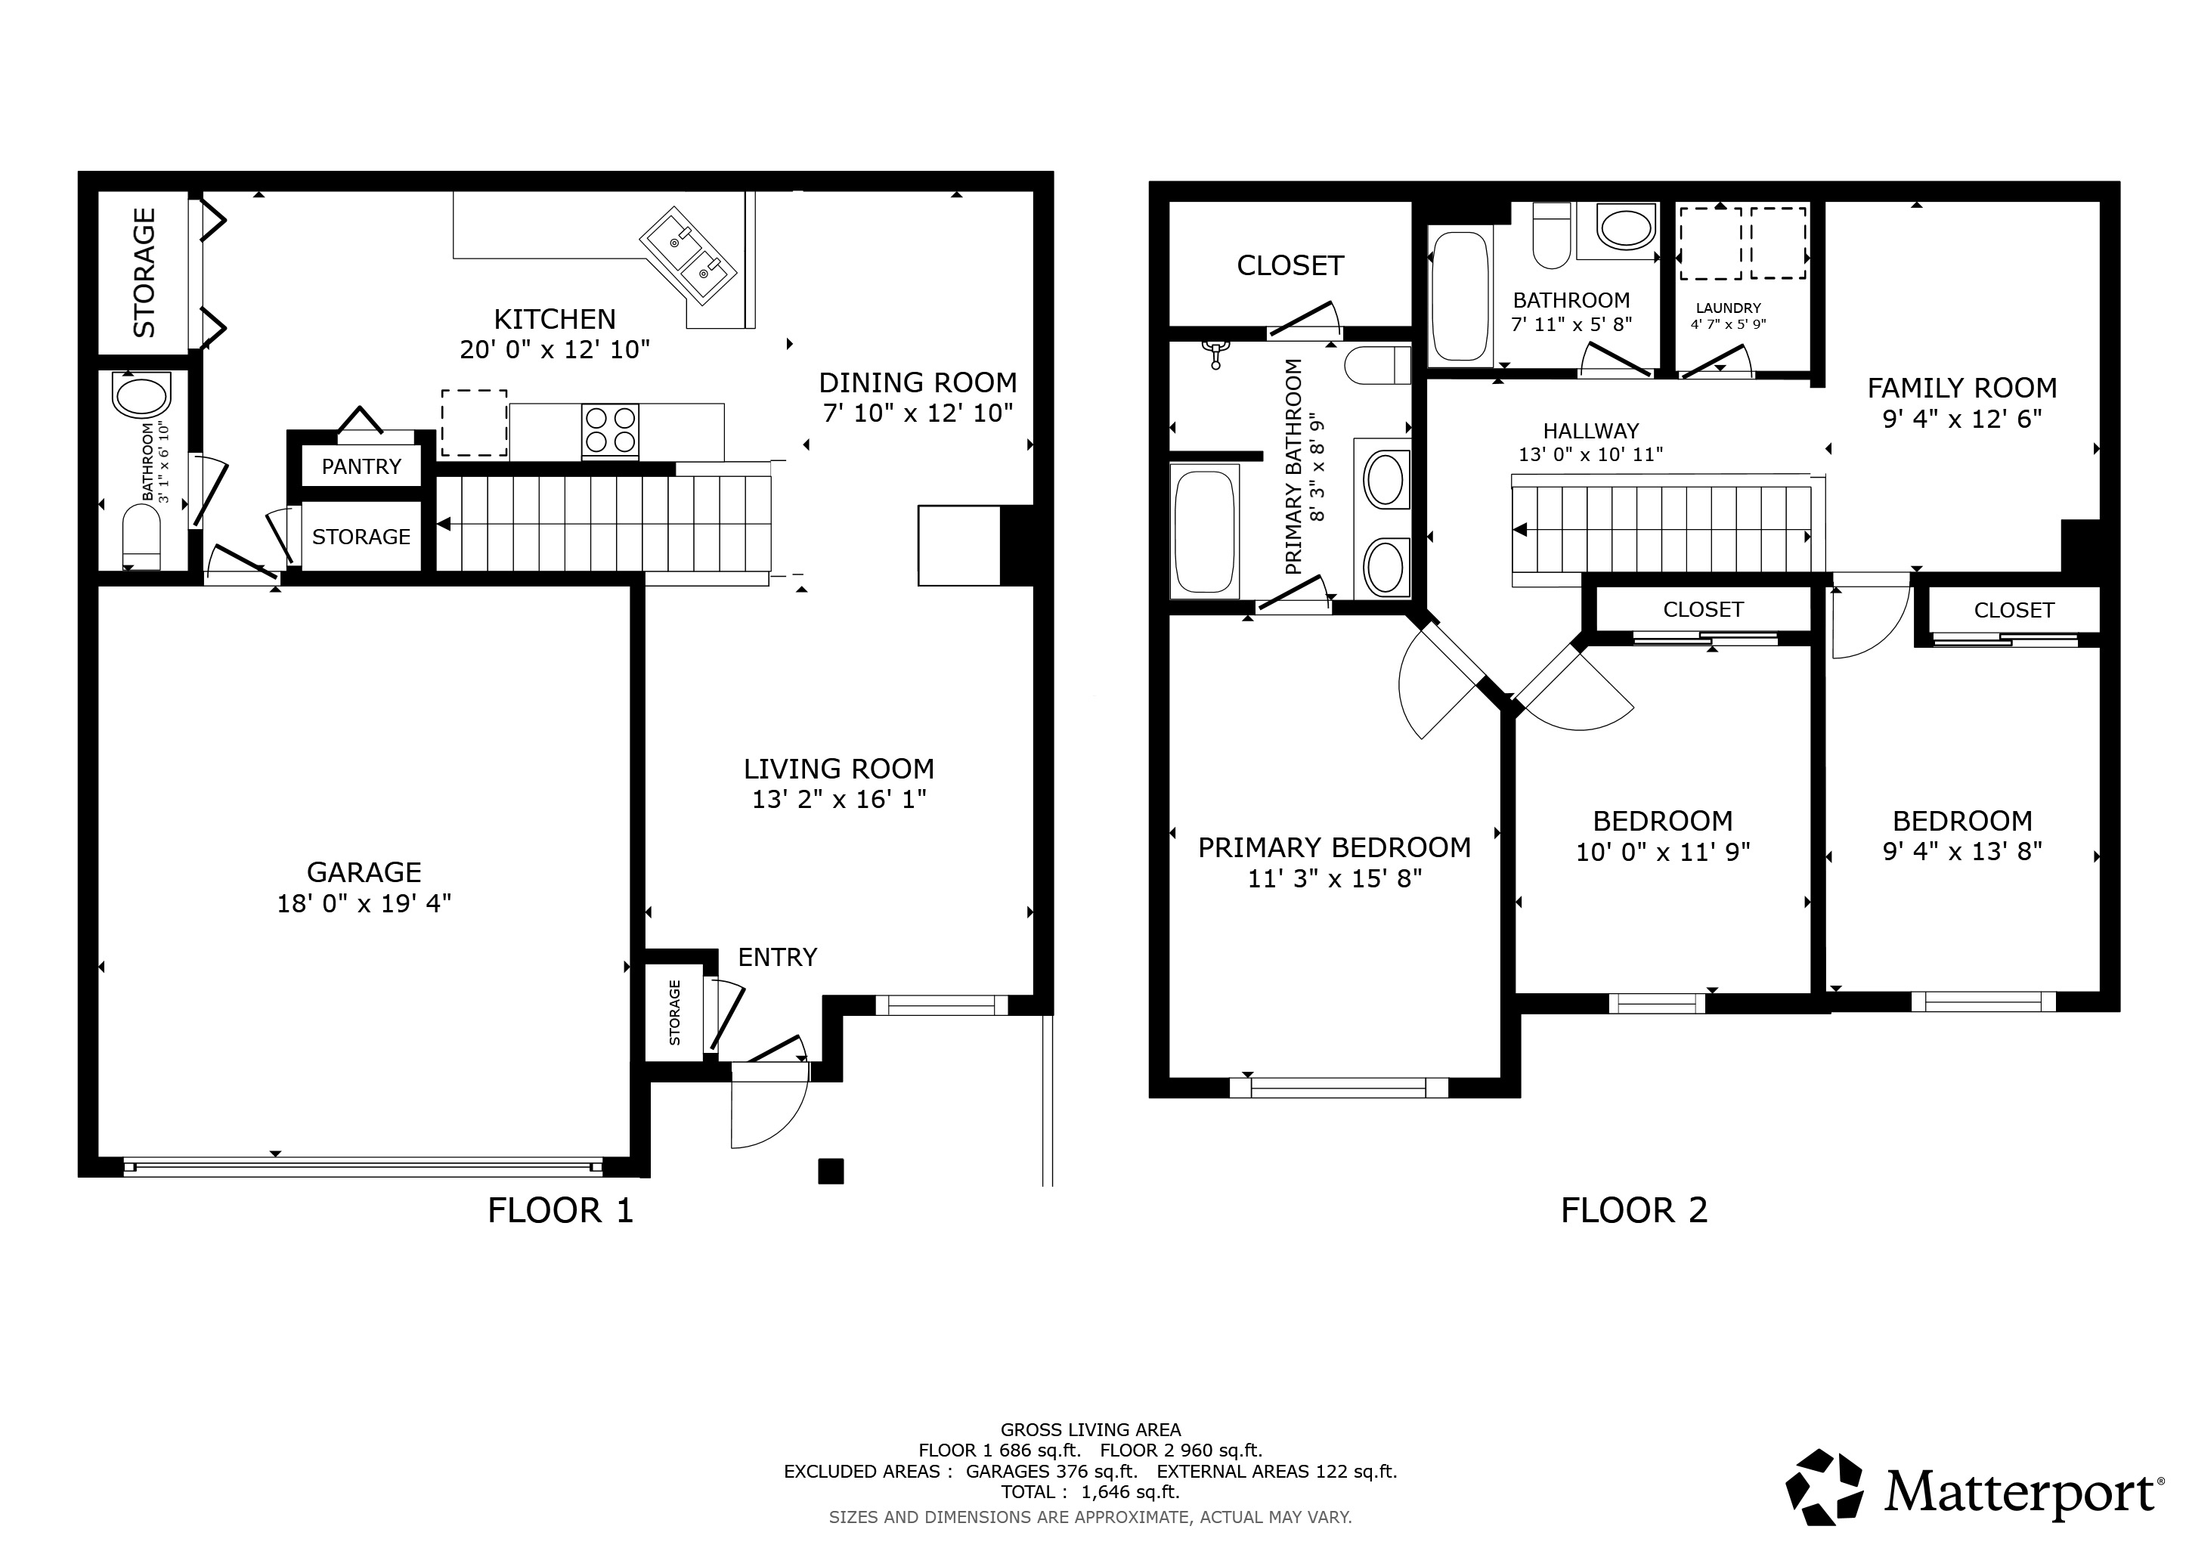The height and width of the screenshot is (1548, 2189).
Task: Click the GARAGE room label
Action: pyautogui.click(x=364, y=872)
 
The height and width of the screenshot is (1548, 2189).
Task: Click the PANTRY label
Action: pyautogui.click(x=361, y=466)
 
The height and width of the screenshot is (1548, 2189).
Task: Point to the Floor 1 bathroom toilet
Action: pyautogui.click(x=141, y=537)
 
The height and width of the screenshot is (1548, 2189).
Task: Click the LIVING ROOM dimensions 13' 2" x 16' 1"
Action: pyautogui.click(x=839, y=799)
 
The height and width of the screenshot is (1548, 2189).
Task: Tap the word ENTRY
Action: pyautogui.click(x=777, y=957)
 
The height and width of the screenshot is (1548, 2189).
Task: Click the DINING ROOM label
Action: pyautogui.click(x=917, y=382)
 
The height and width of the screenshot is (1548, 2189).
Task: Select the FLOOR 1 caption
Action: pyautogui.click(x=561, y=1211)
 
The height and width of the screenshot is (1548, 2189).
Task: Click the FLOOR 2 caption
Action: pyautogui.click(x=1634, y=1211)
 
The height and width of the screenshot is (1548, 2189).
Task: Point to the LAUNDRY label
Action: pyautogui.click(x=1729, y=308)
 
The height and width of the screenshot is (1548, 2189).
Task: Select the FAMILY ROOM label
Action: pyautogui.click(x=1962, y=388)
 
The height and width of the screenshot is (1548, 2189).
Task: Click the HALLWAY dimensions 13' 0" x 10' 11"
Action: pyautogui.click(x=1590, y=455)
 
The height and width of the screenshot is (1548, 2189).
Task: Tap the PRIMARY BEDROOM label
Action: pyautogui.click(x=1334, y=847)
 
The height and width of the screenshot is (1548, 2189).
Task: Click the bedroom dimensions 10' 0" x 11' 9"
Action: pyautogui.click(x=1663, y=852)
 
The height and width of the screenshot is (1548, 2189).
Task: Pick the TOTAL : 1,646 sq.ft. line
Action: pyautogui.click(x=1091, y=1492)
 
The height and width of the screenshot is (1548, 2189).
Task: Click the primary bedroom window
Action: pyautogui.click(x=1339, y=1088)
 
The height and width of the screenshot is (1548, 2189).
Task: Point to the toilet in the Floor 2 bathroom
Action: pyautogui.click(x=1551, y=235)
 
